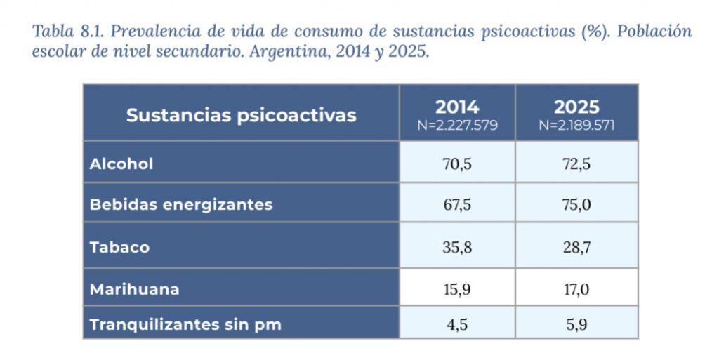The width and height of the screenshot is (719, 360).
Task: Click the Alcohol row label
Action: pyautogui.click(x=121, y=164)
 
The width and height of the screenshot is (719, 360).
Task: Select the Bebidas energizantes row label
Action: pyautogui.click(x=180, y=205)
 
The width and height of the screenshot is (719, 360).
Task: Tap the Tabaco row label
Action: pyautogui.click(x=119, y=247)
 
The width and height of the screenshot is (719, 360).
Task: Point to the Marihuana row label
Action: pyautogui.click(x=134, y=288)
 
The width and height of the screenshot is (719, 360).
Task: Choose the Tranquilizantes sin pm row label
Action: pyautogui.click(x=185, y=326)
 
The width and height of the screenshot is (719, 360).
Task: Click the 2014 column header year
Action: pyautogui.click(x=457, y=107)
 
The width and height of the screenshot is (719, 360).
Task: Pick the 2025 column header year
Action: pyautogui.click(x=576, y=107)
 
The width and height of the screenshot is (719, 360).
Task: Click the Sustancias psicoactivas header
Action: pyautogui.click(x=241, y=115)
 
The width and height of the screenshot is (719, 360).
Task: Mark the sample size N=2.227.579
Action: pyautogui.click(x=457, y=126)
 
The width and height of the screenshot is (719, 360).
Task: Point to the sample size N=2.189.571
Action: pyautogui.click(x=576, y=126)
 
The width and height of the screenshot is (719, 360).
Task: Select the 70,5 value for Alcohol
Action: pyautogui.click(x=456, y=164)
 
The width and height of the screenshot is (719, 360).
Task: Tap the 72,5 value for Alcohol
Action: pyautogui.click(x=576, y=164)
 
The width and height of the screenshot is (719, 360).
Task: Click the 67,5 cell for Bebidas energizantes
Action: pyautogui.click(x=456, y=205)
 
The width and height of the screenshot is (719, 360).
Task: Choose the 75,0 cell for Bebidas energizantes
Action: pyautogui.click(x=576, y=205)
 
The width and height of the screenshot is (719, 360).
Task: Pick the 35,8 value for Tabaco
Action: pyautogui.click(x=456, y=247)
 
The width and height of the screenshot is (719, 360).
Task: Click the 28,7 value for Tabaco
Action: pyautogui.click(x=576, y=247)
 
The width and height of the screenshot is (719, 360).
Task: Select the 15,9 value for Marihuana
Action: pyautogui.click(x=456, y=288)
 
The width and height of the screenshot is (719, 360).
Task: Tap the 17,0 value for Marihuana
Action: pyautogui.click(x=576, y=288)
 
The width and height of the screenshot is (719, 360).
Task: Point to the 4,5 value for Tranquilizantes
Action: pyautogui.click(x=456, y=326)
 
